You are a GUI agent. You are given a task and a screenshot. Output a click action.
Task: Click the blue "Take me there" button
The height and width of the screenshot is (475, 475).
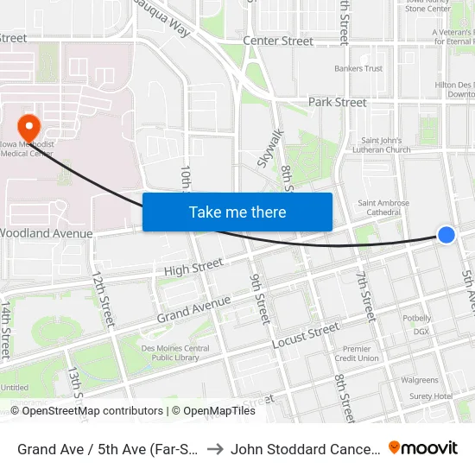click(237, 212)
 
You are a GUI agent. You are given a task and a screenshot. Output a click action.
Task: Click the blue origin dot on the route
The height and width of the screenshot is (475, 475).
click(446, 234)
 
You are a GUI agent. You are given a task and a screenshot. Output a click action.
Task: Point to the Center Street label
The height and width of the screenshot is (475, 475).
click(278, 41)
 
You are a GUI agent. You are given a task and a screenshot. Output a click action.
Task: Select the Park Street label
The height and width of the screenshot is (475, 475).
click(338, 102)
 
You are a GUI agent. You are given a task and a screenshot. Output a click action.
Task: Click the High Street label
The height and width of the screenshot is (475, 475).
click(188, 270)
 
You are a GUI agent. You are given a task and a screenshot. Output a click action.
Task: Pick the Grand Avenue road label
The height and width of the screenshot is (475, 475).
click(194, 310)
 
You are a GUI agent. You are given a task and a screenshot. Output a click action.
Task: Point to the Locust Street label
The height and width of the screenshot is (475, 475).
click(306, 336)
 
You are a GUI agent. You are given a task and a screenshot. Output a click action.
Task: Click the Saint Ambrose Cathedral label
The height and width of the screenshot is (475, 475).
click(383, 208)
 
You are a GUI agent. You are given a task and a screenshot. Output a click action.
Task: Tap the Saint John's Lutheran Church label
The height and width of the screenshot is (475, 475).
click(386, 144)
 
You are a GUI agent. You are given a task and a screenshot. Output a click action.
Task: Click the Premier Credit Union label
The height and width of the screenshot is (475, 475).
click(357, 353)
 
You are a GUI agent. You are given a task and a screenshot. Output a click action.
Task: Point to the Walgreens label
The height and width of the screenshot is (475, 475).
click(420, 380)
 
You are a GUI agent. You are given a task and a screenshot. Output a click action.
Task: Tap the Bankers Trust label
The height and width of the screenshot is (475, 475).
click(358, 68)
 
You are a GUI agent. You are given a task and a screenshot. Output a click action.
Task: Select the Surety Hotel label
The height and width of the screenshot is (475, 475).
click(431, 396)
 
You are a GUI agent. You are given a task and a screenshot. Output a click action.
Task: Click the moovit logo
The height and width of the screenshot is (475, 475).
click(423, 448)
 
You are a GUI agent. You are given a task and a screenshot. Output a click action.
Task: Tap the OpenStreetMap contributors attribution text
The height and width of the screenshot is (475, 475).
click(92, 411)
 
